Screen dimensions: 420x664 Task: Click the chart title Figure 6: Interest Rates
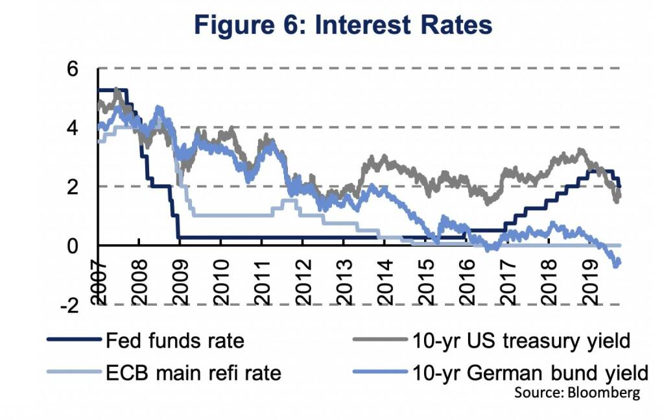click(x=343, y=25)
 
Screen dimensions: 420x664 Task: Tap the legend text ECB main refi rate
click(x=193, y=373)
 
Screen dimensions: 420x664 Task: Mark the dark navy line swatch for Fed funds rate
click(x=73, y=340)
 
